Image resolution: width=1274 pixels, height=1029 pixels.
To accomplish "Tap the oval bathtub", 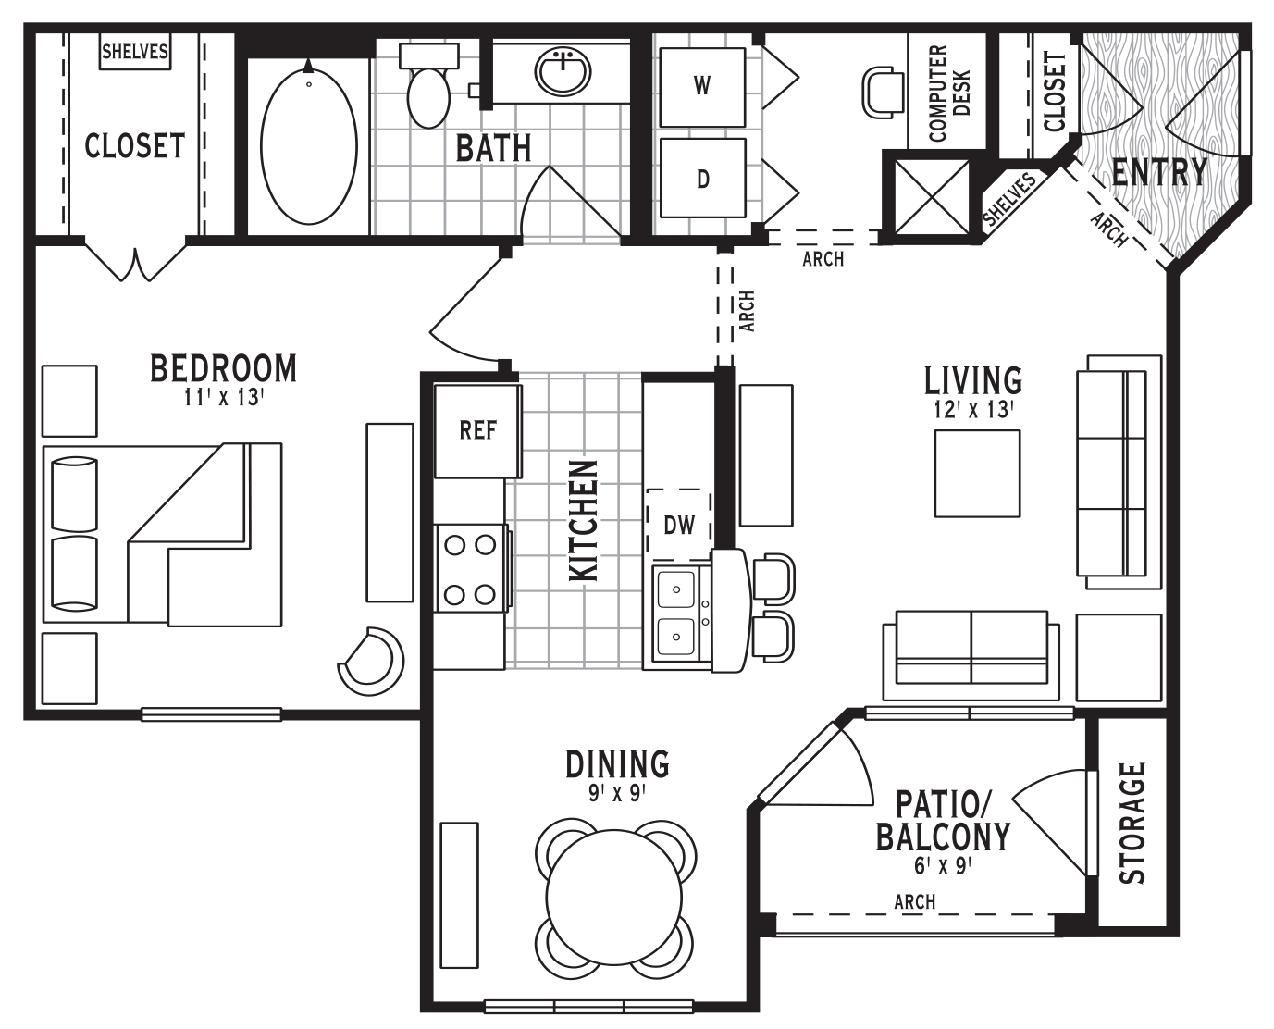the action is (x=309, y=146).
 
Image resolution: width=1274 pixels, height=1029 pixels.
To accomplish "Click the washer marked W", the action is (x=703, y=87).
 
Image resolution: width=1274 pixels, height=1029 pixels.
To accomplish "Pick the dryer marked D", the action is (x=703, y=179).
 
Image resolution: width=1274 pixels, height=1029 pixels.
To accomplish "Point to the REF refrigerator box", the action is (x=477, y=431).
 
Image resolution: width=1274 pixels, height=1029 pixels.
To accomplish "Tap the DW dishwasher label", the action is (x=679, y=526).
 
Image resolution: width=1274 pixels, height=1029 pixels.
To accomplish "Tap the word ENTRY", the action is (x=1159, y=172).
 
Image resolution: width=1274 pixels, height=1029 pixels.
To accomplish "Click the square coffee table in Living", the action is (x=977, y=473).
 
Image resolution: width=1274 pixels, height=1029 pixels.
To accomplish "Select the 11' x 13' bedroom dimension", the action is (x=224, y=397).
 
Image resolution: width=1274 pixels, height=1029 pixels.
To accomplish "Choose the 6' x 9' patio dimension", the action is (x=942, y=866).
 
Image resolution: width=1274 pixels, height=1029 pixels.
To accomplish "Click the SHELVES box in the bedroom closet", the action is (x=135, y=52).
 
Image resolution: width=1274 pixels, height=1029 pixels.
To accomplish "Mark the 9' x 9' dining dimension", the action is (x=617, y=793).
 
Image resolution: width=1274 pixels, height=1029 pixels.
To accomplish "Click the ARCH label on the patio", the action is (x=914, y=901).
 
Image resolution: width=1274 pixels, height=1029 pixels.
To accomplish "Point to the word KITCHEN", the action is (x=584, y=520).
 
